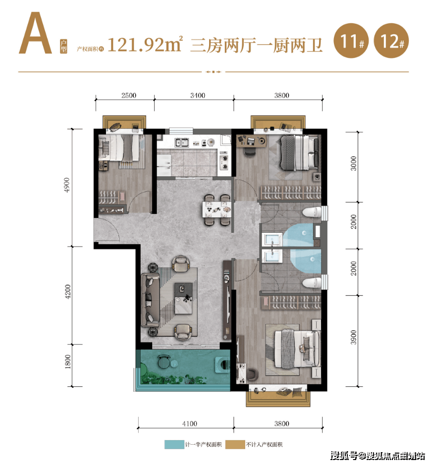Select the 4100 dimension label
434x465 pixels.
coord(189,423)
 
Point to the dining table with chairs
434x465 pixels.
coord(217,209)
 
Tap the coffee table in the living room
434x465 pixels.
coord(186,299)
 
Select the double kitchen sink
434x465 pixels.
coord(181,143)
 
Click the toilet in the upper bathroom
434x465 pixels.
coord(311,213)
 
